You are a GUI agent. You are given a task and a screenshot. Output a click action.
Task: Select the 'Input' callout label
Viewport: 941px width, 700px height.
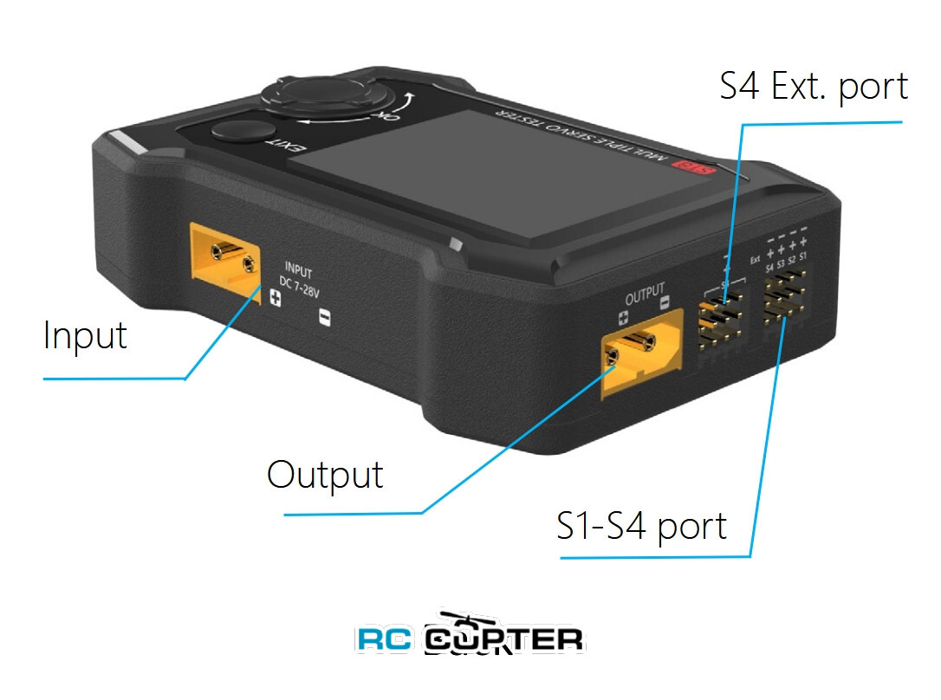tap(85, 335)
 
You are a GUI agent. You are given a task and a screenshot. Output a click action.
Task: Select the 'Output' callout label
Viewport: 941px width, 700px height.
tap(325, 475)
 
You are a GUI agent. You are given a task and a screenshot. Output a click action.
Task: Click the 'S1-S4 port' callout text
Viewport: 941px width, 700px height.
tap(641, 526)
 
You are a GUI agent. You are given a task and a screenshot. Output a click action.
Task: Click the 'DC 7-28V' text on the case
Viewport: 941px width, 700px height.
tap(299, 281)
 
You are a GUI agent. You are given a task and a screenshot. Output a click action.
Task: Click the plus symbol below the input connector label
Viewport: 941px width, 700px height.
tap(276, 300)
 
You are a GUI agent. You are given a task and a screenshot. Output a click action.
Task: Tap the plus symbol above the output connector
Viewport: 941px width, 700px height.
tap(623, 318)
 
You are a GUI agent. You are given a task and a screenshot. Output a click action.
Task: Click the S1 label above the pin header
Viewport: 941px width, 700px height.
tap(802, 257)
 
